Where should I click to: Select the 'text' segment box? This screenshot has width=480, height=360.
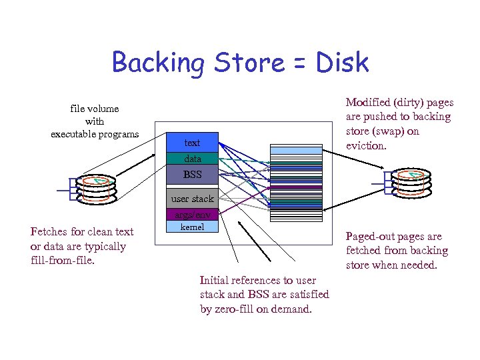(x=192, y=143)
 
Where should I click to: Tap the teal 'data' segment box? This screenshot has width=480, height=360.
(x=192, y=159)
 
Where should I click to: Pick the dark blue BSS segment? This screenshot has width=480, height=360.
(x=192, y=175)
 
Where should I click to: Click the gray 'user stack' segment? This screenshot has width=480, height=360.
(x=192, y=199)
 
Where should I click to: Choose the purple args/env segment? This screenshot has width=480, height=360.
(x=192, y=215)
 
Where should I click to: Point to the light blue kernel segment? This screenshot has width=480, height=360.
(x=192, y=227)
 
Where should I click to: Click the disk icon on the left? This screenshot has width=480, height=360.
(x=95, y=188)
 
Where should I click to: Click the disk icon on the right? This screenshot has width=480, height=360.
(x=412, y=184)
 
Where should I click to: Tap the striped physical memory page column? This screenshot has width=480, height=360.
(x=295, y=183)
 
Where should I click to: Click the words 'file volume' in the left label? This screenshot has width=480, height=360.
(x=95, y=108)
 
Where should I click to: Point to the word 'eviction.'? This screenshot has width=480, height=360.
(x=366, y=145)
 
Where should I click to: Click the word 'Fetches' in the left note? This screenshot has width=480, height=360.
(x=49, y=232)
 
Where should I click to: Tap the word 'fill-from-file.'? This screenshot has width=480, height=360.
(x=63, y=261)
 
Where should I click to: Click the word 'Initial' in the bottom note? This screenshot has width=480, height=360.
(x=215, y=281)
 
